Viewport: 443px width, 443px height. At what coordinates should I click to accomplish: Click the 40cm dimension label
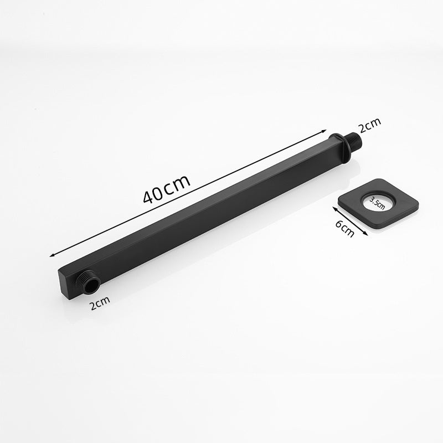167,189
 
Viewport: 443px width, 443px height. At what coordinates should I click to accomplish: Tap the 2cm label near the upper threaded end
370,125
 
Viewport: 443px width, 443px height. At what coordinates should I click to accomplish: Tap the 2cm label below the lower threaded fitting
100,302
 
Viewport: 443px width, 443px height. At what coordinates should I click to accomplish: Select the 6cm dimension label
344,228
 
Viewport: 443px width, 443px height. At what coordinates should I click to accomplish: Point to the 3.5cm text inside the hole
377,203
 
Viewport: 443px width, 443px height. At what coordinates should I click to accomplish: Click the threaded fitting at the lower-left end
88,284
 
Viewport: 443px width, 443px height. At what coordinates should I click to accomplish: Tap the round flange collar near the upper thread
341,148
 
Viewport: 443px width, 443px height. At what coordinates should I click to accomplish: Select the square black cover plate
378,203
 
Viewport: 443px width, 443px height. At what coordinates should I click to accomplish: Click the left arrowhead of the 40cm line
51,256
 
